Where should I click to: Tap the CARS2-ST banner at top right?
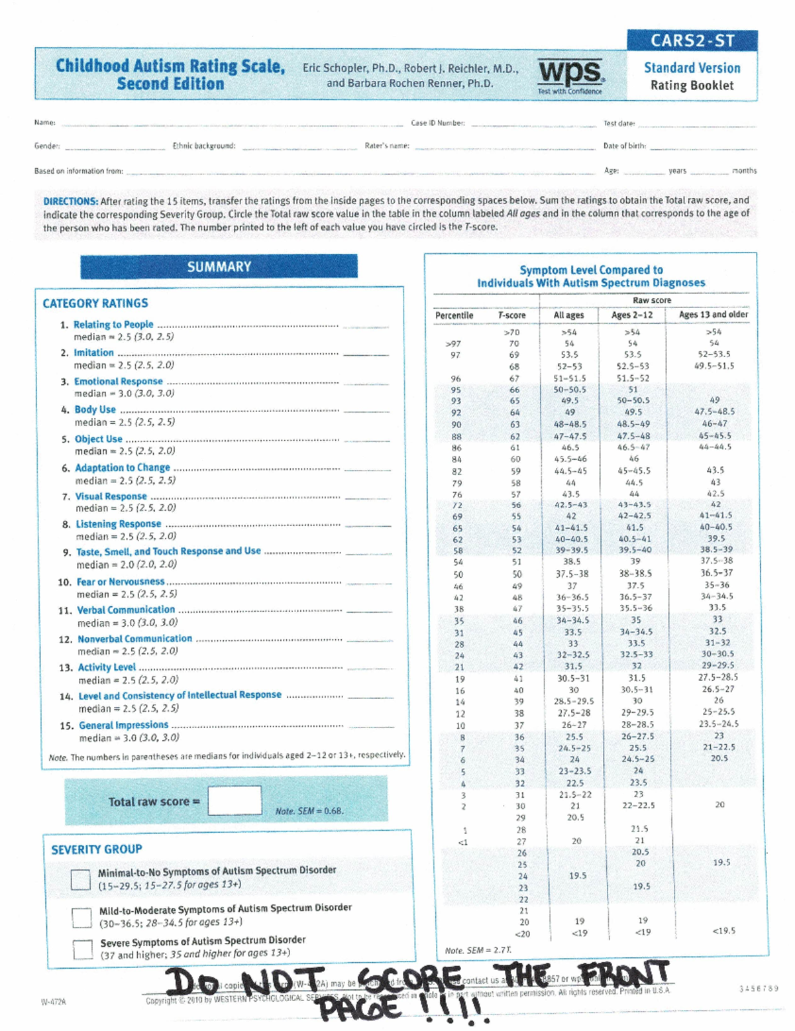[692, 40]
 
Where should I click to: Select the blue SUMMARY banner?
[219, 266]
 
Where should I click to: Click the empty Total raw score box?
[235, 800]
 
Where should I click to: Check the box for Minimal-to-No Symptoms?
[81, 879]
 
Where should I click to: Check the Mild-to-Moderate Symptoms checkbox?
[81, 917]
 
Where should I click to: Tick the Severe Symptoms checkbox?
[83, 949]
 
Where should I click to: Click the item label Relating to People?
[113, 325]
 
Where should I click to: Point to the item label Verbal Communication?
[126, 610]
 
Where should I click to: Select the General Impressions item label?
[123, 725]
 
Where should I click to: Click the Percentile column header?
[454, 315]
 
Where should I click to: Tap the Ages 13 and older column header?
[714, 315]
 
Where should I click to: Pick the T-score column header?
[512, 315]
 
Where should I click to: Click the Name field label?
[44, 123]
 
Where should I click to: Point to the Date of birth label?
[624, 146]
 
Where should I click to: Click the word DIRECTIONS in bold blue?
[70, 201]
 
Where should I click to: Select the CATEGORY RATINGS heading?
[95, 303]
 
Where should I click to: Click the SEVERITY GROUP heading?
[97, 849]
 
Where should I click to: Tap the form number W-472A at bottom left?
[54, 1002]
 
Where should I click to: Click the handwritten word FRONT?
[623, 974]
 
